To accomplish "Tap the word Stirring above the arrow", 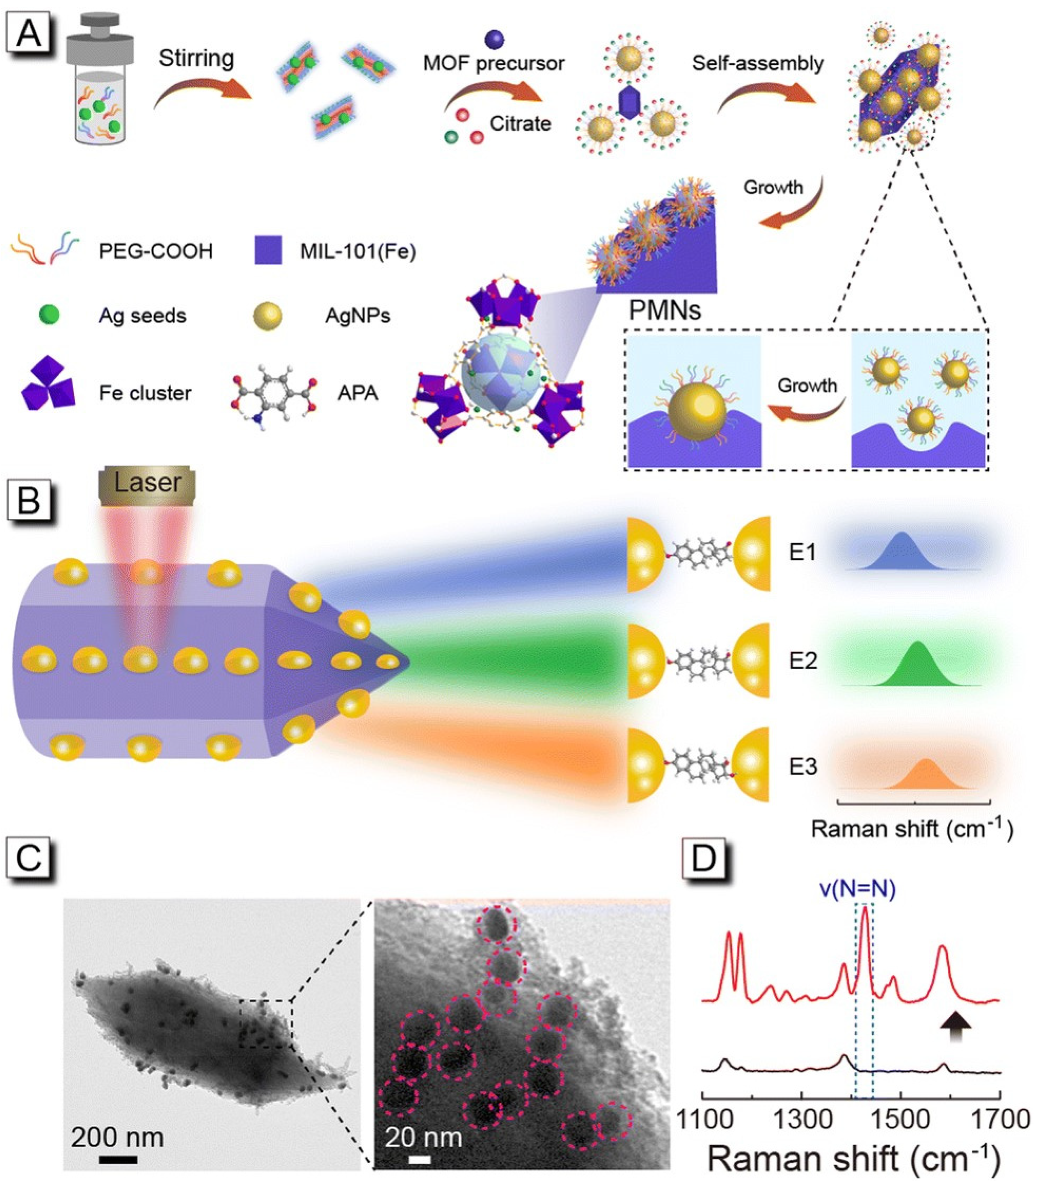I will point(196,59).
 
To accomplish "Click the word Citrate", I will point(520,123).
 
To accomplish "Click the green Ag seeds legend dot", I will point(49,315).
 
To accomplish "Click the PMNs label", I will point(665,311).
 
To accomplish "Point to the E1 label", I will point(803,552).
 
